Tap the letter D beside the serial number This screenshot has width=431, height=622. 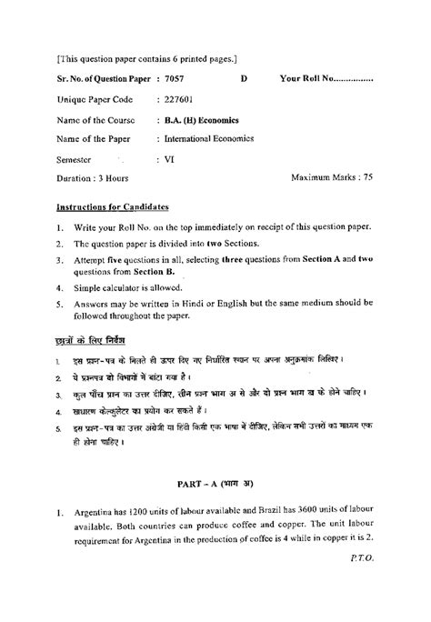pyautogui.click(x=244, y=79)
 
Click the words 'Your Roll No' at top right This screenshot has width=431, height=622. pyautogui.click(x=308, y=79)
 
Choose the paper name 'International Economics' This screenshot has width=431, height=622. pyautogui.click(x=210, y=138)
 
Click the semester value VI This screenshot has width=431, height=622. pyautogui.click(x=170, y=158)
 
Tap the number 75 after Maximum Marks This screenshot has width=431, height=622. pyautogui.click(x=366, y=179)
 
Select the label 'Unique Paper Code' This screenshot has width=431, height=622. pyautogui.click(x=95, y=99)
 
